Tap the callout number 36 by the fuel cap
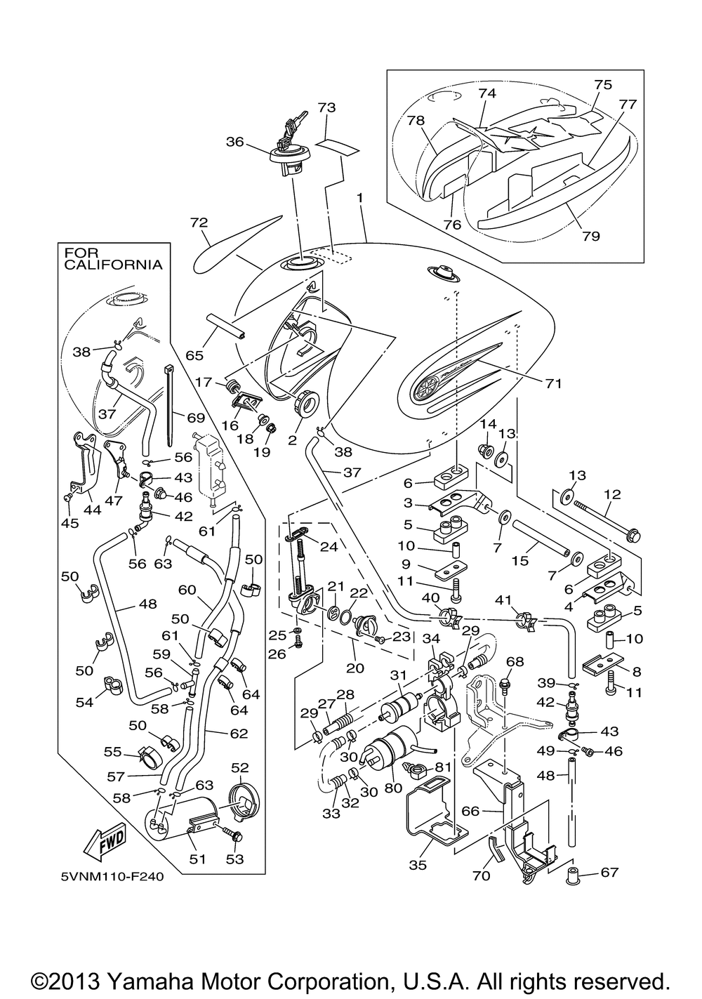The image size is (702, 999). click(x=234, y=141)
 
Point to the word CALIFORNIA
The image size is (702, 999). click(x=114, y=265)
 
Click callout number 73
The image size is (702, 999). click(x=326, y=107)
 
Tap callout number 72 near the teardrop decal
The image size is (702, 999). click(x=199, y=223)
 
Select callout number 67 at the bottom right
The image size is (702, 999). click(x=609, y=873)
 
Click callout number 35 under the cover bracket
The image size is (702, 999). click(x=418, y=865)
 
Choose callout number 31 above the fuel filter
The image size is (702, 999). click(x=399, y=675)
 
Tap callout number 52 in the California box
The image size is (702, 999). click(x=240, y=767)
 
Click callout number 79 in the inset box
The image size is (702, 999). click(x=591, y=236)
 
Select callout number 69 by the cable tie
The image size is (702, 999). click(x=195, y=418)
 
